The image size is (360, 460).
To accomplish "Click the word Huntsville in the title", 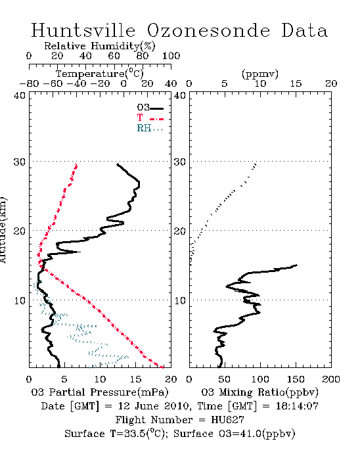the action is [83, 30].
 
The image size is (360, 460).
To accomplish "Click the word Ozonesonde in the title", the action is [208, 30].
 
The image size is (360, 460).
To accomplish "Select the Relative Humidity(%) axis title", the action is [100, 47].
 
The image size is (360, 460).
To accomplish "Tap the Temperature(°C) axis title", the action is [100, 74].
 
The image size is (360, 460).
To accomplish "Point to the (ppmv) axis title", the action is [260, 74].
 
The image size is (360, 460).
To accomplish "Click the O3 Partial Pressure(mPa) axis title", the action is [100, 392].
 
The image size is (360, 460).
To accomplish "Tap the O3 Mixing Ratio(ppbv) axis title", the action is [259, 392].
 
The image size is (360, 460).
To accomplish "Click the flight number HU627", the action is [227, 420].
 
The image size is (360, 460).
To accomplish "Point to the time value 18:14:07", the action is [297, 406].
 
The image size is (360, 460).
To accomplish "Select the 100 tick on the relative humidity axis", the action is [171, 56].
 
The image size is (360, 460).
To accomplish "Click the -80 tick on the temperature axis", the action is [29, 84].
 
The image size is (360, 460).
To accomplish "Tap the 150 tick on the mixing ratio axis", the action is [296, 379].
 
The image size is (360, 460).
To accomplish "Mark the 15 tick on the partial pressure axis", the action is [135, 379].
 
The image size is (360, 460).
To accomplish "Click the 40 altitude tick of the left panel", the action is [20, 95].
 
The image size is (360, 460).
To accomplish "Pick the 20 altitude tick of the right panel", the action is [180, 231].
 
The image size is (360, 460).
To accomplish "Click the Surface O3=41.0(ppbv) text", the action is [235, 434].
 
